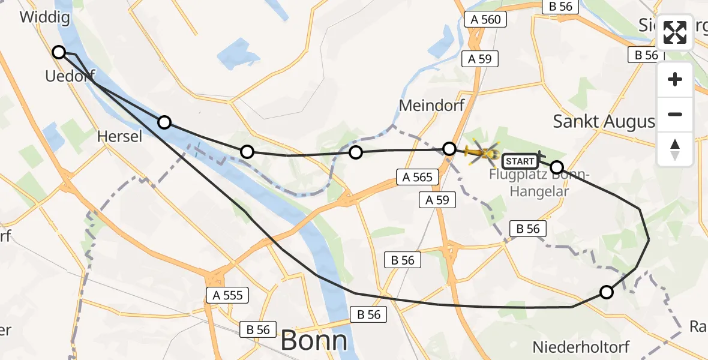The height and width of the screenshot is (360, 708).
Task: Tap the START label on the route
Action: [520, 161]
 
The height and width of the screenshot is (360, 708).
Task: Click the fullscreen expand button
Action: [675, 32]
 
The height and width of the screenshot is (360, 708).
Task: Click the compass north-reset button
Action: [675, 149]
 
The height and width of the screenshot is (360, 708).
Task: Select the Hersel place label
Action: [120, 137]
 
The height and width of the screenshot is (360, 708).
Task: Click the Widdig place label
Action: [44, 17]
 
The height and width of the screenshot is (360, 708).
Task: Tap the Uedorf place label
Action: [70, 76]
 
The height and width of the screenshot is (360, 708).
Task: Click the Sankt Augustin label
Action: [604, 121]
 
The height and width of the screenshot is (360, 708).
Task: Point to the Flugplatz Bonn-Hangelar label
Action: [539, 183]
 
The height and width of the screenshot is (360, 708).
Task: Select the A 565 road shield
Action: [418, 176]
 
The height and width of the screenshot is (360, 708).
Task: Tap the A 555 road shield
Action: [228, 295]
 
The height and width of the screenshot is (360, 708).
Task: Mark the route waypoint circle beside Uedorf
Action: [59, 52]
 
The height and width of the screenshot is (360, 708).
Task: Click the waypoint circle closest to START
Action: [557, 167]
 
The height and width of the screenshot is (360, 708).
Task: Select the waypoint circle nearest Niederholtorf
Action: [607, 292]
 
